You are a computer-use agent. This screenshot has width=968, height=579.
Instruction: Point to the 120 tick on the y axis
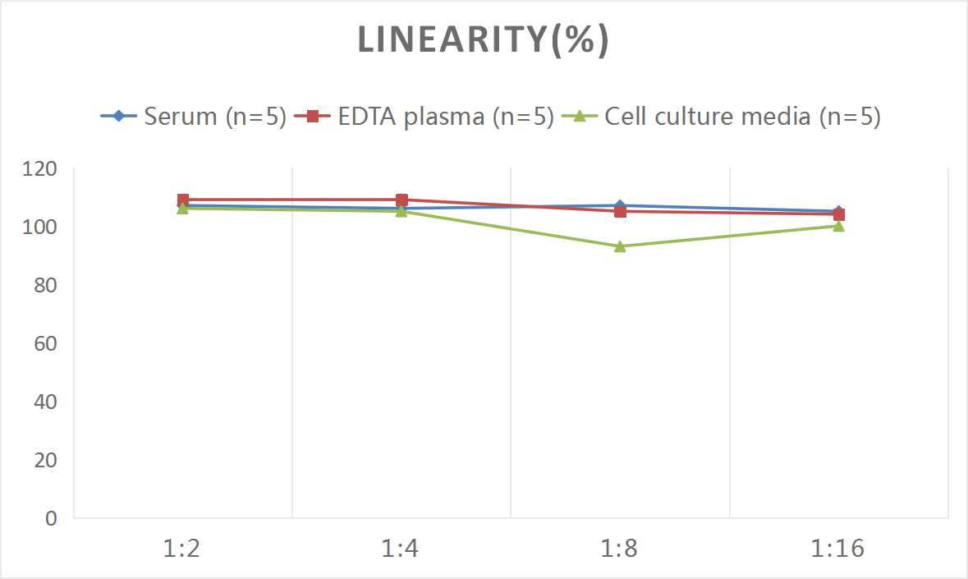(41, 168)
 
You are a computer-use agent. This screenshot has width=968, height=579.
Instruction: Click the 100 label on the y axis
(41, 227)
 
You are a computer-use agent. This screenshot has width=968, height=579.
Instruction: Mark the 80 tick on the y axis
(45, 285)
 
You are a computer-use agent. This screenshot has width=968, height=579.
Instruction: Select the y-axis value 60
(45, 343)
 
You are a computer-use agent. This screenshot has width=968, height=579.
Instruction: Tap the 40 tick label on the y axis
(45, 402)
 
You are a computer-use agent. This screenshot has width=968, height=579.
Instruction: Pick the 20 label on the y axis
(45, 460)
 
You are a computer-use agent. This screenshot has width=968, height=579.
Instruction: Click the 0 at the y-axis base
(51, 518)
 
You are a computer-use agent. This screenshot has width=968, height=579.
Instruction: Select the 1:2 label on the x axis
(182, 549)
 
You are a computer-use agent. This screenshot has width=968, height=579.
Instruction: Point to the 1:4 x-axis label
(401, 549)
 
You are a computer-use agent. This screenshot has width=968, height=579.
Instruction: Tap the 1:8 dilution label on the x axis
(620, 549)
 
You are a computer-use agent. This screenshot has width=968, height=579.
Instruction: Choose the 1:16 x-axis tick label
(838, 549)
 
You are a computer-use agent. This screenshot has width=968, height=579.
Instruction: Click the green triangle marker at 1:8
(620, 246)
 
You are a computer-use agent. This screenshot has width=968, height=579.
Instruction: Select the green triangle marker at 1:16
(838, 226)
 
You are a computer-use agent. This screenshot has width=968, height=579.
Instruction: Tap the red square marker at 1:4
(401, 200)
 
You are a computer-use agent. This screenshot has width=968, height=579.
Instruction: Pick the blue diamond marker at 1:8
(620, 205)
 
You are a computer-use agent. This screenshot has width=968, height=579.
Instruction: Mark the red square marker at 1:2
(183, 200)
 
